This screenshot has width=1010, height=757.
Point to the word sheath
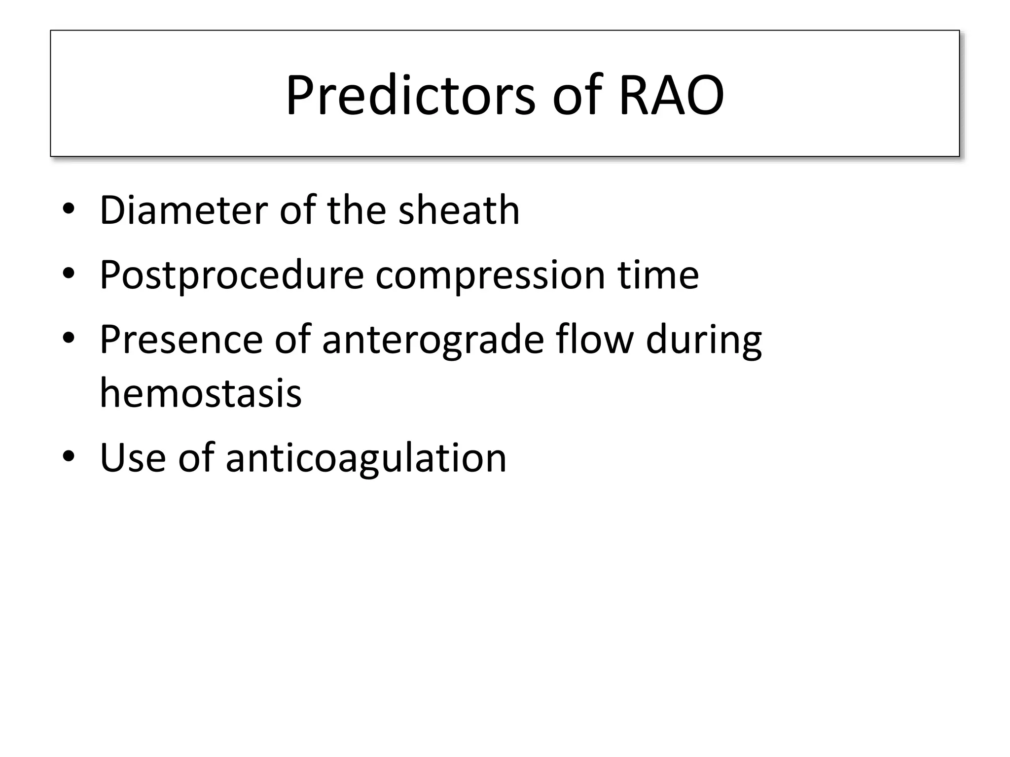(x=459, y=210)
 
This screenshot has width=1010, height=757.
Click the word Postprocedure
(x=232, y=275)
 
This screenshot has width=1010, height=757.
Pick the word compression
(x=490, y=275)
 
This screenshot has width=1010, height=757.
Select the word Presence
(x=181, y=340)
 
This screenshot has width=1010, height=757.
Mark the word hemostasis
(x=201, y=394)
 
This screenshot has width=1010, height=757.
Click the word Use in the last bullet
(x=133, y=458)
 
